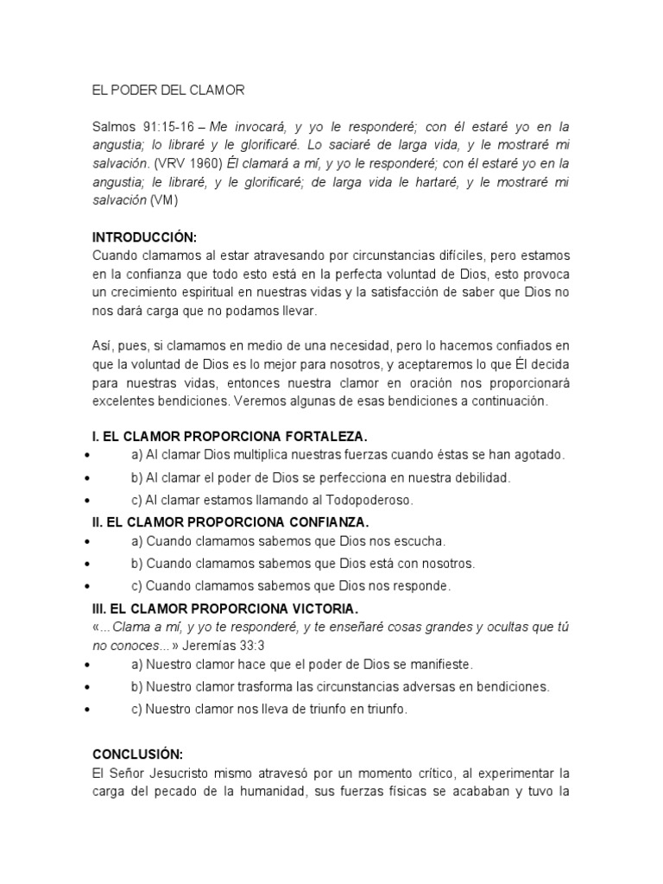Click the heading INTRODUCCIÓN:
coord(144,236)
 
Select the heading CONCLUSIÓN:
coord(137,753)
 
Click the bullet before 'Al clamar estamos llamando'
coord(88,501)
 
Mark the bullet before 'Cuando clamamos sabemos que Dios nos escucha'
coord(88,543)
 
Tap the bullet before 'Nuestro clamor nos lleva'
coord(88,710)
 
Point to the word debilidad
coord(480,477)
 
